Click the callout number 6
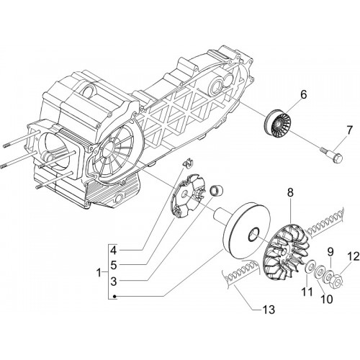point(304,95)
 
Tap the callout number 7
point(349,131)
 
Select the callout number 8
point(290,193)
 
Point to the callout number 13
point(269,310)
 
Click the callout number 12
point(353,257)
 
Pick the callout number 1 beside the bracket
point(99,273)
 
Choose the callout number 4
point(113,251)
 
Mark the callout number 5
point(113,266)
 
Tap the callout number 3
point(113,282)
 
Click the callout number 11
point(307,292)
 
